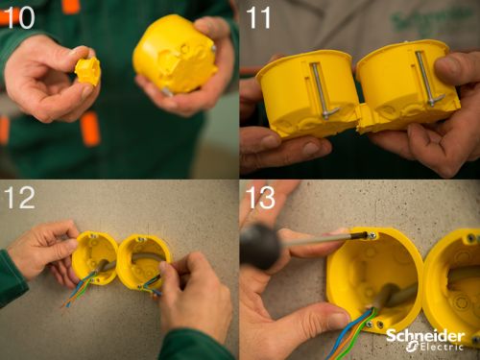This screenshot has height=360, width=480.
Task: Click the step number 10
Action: coord(18,18)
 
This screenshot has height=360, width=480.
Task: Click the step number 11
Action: coord(258,18)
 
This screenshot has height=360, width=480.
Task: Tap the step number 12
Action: coord(19,198)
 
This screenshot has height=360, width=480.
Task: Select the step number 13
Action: coord(261,198)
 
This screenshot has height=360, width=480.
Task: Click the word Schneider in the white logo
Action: coord(425,336)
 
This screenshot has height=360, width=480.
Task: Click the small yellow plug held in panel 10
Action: coord(87,71)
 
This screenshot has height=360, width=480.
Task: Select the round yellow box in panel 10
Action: coord(176,54)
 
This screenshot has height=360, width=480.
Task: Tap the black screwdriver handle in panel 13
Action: coord(260,246)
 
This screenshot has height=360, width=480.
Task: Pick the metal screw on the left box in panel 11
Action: coord(322,90)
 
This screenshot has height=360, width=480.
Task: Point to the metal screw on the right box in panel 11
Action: coord(427,79)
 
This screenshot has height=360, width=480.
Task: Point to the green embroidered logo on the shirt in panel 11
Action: coord(430,20)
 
